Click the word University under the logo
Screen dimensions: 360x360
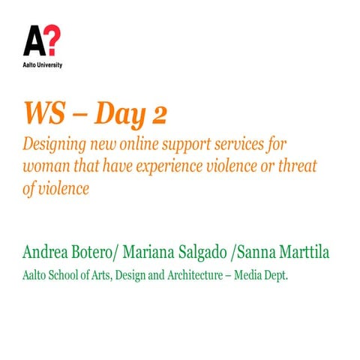pyautogui.click(x=49, y=65)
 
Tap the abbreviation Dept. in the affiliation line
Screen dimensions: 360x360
pyautogui.click(x=274, y=276)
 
